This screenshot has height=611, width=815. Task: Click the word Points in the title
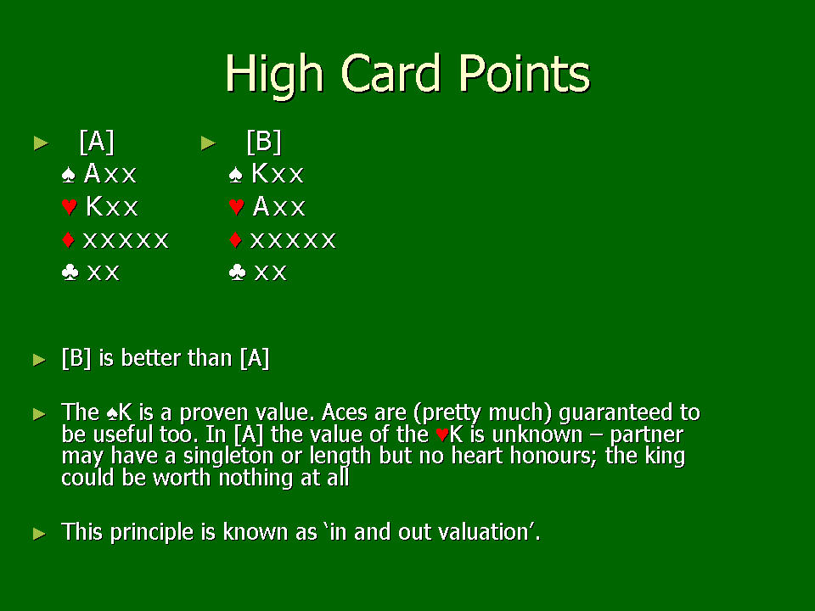524,74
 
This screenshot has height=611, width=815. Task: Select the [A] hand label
97,142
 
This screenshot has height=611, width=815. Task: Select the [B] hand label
264,142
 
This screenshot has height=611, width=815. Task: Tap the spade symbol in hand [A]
68,175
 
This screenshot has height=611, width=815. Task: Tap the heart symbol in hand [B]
237,207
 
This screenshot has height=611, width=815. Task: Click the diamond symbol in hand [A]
68,239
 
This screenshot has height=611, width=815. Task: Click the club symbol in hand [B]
237,272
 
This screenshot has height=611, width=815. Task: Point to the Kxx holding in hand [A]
112,206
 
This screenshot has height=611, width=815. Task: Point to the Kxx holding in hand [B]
278,173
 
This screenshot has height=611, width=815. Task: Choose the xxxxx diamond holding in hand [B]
293,240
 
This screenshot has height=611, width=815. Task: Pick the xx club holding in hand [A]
104,272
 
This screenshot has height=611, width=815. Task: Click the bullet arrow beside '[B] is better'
40,360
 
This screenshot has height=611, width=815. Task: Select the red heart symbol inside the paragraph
442,434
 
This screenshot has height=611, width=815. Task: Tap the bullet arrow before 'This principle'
40,534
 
